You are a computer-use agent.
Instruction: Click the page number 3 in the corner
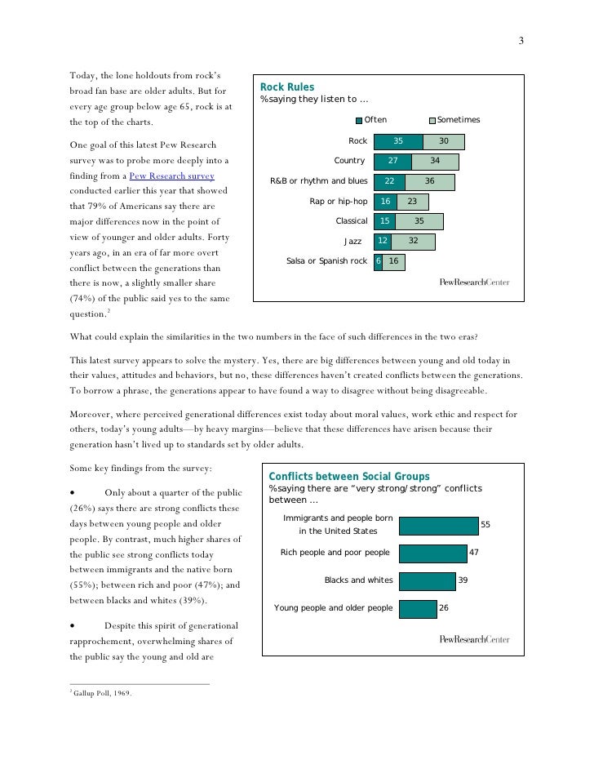(x=521, y=42)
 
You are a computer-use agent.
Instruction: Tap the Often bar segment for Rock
(x=398, y=141)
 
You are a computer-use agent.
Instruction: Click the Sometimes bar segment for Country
(x=435, y=161)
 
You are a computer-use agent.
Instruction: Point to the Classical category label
(x=352, y=220)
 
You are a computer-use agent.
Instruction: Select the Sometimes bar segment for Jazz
(x=412, y=241)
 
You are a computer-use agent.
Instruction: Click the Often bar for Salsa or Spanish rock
(x=378, y=261)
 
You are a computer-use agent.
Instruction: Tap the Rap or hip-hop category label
(x=339, y=201)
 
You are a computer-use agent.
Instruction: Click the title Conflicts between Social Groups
(x=349, y=477)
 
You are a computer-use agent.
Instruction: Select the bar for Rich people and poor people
(x=432, y=553)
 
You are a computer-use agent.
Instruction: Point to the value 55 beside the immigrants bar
(x=486, y=524)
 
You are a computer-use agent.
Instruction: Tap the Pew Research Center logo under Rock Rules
(x=474, y=283)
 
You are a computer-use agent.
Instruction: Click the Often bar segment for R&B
(x=390, y=181)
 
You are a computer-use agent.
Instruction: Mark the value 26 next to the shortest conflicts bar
(x=445, y=608)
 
